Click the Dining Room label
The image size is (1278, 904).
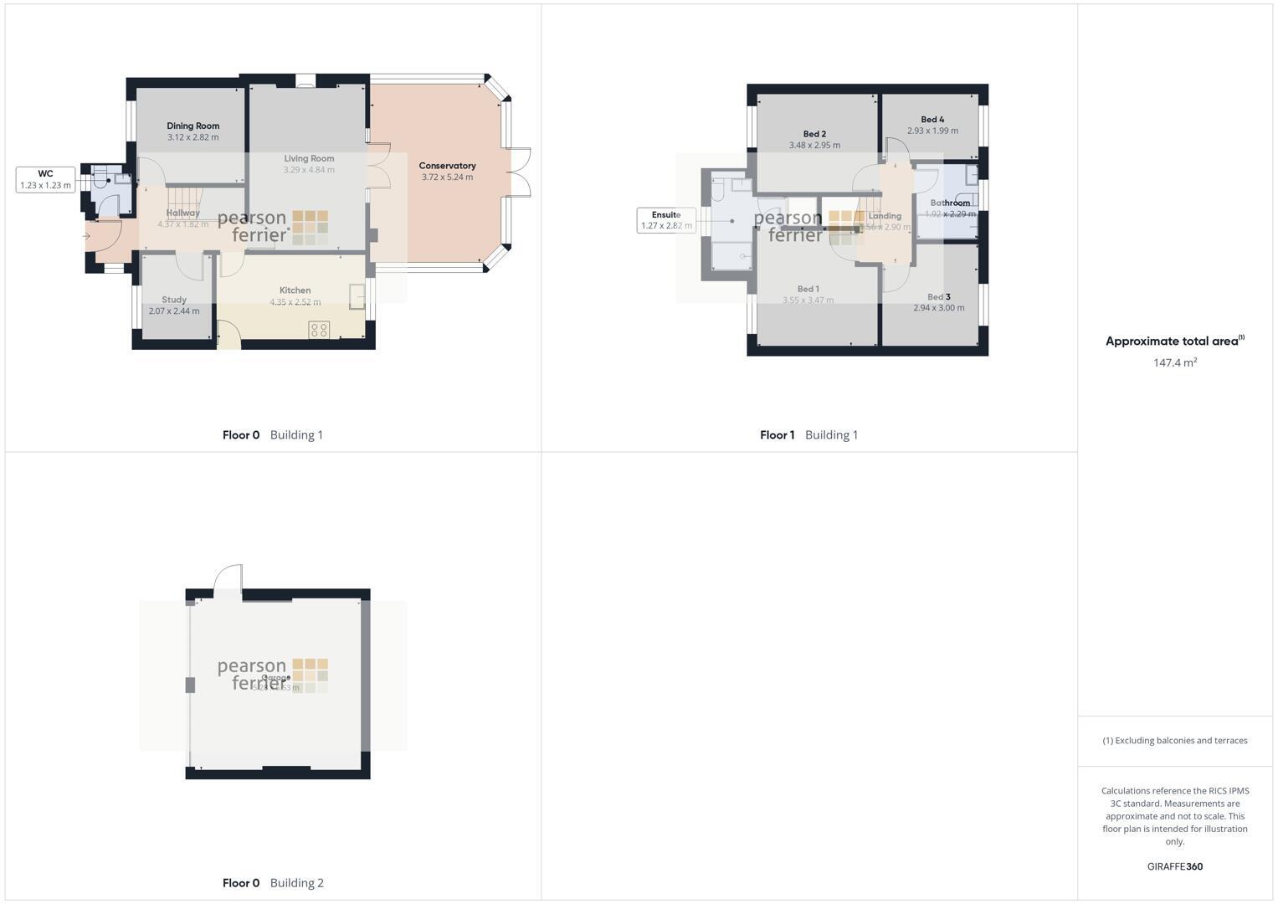point(192,126)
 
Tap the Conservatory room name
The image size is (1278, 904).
point(447,166)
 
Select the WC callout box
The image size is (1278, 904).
point(46,179)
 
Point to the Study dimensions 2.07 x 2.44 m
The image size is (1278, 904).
point(174,311)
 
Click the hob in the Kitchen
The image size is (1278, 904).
point(319,329)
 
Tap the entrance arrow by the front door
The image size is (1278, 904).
point(86,236)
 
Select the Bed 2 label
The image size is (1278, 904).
point(814,134)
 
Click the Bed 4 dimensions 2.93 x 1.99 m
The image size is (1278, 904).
point(932,131)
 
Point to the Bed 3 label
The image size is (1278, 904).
point(938,297)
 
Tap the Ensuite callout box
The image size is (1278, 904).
point(666,220)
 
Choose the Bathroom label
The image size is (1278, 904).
point(950,203)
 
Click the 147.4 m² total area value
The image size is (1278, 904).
point(1174,362)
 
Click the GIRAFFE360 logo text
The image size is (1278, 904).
point(1174,866)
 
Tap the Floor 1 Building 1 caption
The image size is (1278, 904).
point(808,434)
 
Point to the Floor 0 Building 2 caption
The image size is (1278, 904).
point(273,882)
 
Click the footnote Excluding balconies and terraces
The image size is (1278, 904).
point(1174,740)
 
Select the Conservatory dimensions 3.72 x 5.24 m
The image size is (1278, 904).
point(447,177)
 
